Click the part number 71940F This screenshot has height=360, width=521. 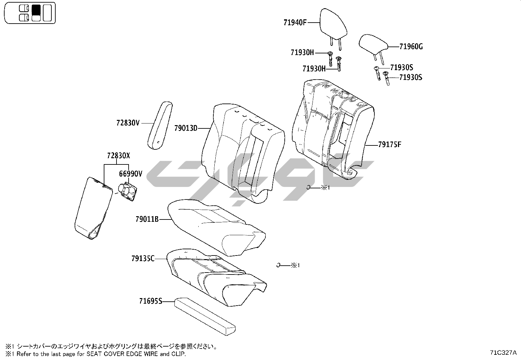295,23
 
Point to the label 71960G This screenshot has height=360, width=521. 411,47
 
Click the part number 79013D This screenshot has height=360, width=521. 186,128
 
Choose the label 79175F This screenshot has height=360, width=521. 389,144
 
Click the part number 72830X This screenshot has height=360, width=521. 118,156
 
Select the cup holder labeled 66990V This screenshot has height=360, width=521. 128,192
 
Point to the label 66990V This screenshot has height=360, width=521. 131,174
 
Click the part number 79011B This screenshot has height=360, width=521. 147,219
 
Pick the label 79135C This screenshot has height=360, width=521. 143,259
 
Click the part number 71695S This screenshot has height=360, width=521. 151,301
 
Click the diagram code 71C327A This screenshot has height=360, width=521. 503,352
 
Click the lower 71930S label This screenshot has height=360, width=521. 411,78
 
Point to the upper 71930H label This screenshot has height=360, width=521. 302,52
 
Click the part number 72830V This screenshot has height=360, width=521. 128,123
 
